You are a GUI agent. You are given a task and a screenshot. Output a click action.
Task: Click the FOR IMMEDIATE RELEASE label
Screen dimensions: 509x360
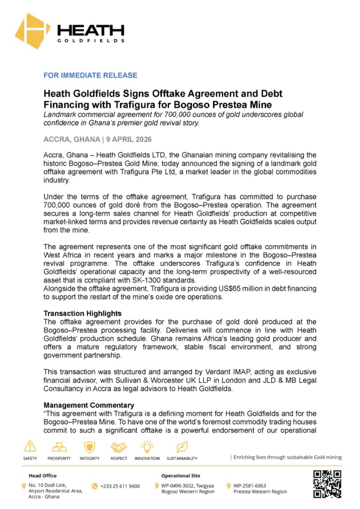click(90, 76)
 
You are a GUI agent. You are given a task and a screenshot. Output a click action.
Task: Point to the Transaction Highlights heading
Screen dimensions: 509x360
click(83, 314)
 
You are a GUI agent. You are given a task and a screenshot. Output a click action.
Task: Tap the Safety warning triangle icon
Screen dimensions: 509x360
click(30, 446)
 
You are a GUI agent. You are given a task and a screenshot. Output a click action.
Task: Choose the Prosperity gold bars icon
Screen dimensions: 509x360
click(59, 446)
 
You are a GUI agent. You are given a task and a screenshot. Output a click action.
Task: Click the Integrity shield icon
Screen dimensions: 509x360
click(90, 446)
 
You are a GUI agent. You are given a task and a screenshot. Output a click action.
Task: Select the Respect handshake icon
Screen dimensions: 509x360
click(119, 446)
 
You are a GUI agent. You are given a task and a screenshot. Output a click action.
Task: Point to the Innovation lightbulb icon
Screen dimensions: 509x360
click(147, 446)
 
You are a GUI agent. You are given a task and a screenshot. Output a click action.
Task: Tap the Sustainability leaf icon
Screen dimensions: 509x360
click(182, 446)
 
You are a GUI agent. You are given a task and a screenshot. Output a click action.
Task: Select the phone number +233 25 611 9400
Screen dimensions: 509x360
click(120, 486)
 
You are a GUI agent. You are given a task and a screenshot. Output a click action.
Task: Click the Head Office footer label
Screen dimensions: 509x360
click(42, 476)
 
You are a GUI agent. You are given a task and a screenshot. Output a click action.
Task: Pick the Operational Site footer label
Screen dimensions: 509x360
click(180, 476)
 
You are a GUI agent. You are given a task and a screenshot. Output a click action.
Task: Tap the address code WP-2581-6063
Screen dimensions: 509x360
click(253, 485)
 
